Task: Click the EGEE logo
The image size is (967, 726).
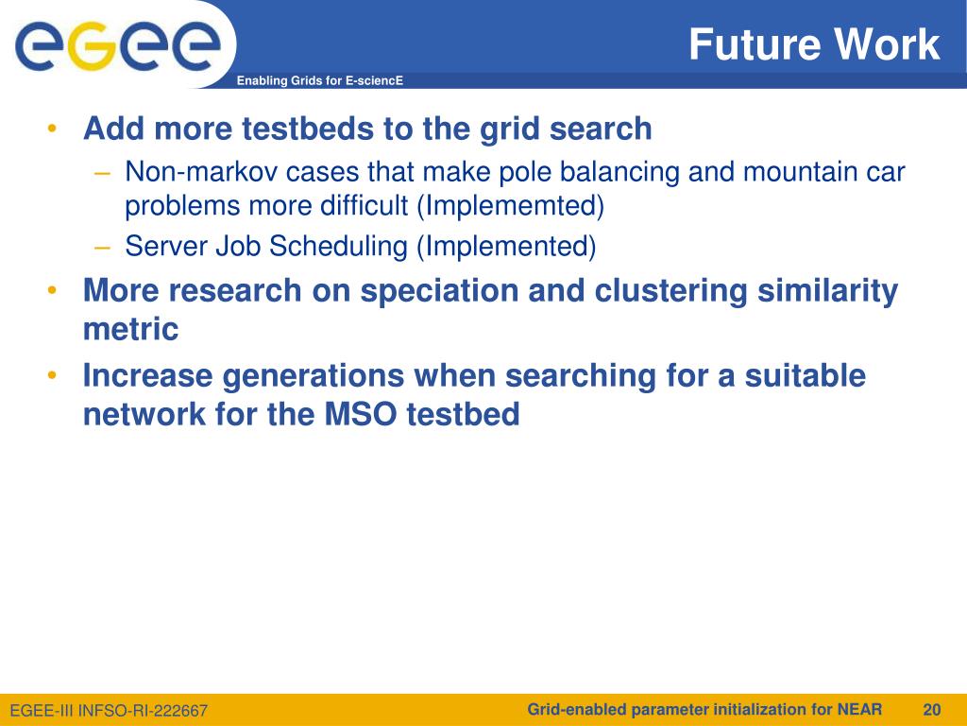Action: click(x=117, y=45)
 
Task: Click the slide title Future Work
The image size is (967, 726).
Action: click(x=814, y=43)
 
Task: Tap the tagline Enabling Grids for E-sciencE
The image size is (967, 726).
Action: click(x=320, y=80)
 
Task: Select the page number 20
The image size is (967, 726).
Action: click(x=932, y=709)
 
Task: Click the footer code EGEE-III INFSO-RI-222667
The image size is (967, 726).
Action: click(x=110, y=711)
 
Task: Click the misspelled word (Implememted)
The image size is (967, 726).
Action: click(x=511, y=205)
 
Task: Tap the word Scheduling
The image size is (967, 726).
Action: click(x=338, y=247)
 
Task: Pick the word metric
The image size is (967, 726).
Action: click(x=130, y=329)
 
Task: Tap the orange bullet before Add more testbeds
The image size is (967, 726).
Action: click(x=52, y=129)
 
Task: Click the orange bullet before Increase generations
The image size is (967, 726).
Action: click(x=52, y=375)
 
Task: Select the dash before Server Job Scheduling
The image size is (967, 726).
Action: click(x=102, y=248)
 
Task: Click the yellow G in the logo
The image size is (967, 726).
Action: click(x=93, y=45)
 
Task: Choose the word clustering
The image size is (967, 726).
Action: click(x=670, y=291)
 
